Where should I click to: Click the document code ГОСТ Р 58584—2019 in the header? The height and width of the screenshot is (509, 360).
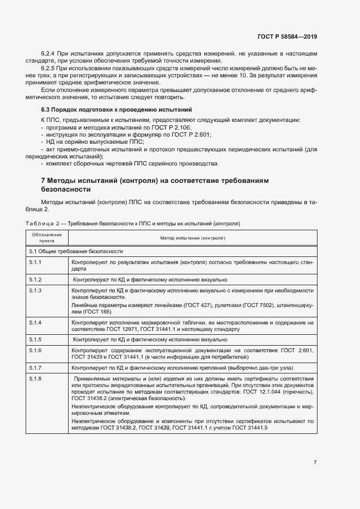click(x=286, y=36)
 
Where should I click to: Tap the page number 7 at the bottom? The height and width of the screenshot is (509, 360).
click(x=315, y=462)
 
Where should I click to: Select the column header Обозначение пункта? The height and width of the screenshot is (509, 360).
click(x=47, y=237)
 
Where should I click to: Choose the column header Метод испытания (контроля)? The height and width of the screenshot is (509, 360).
click(x=193, y=238)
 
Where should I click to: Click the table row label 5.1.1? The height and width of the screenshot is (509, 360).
click(x=35, y=262)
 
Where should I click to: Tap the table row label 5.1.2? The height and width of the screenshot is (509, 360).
click(x=35, y=279)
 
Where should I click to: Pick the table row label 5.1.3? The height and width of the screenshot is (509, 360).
click(x=35, y=291)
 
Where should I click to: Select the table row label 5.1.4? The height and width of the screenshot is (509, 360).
click(x=35, y=323)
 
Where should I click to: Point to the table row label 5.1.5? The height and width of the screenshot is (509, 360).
click(x=35, y=339)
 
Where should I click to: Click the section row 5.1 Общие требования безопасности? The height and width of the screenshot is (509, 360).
click(x=69, y=252)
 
